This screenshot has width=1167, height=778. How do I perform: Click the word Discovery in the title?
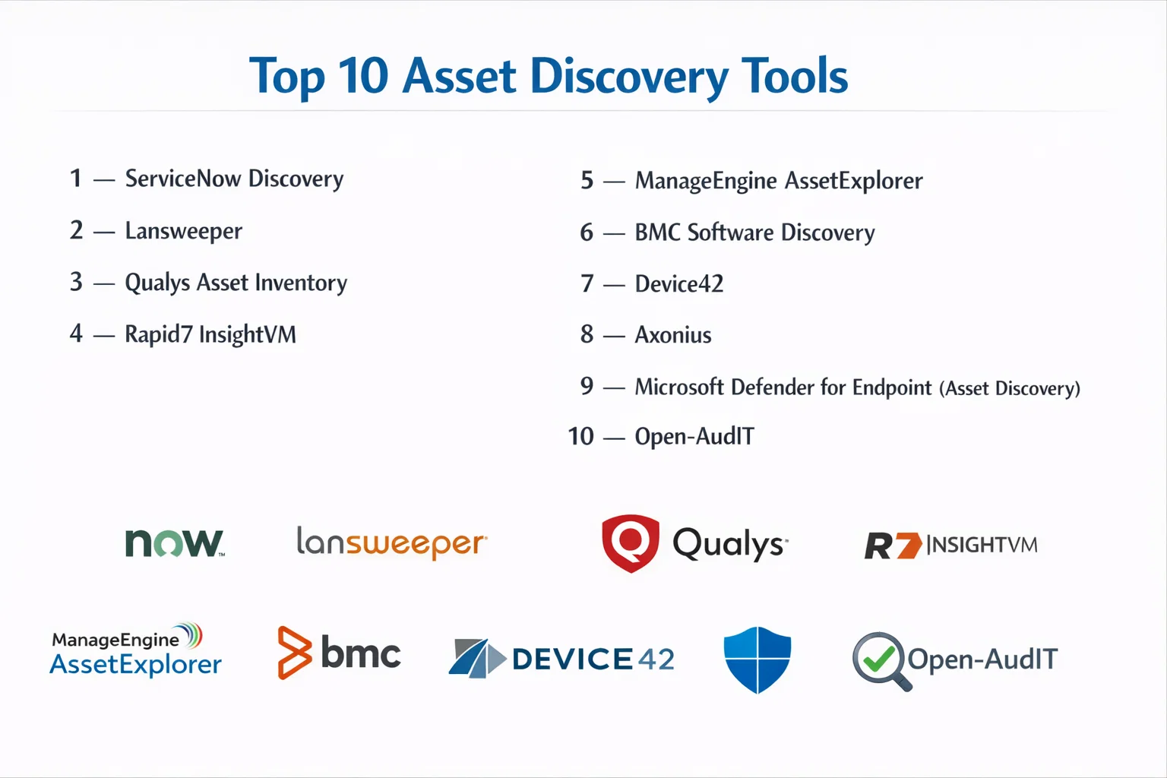(629, 77)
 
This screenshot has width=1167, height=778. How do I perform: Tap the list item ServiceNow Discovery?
(234, 179)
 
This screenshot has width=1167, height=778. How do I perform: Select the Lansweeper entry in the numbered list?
(183, 231)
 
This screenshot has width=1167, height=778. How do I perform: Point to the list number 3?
(76, 282)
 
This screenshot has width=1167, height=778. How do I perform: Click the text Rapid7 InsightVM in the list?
(210, 334)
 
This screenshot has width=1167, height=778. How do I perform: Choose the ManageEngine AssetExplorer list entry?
(778, 181)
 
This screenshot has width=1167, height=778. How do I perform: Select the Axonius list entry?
(672, 335)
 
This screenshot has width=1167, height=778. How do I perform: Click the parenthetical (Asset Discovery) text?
(1010, 388)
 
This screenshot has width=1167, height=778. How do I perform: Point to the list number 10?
(580, 436)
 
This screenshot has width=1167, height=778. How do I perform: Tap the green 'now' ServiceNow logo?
(175, 543)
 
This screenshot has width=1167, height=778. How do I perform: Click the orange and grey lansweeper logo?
(392, 543)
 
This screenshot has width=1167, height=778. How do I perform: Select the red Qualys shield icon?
(631, 543)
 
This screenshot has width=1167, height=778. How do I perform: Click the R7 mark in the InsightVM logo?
(893, 546)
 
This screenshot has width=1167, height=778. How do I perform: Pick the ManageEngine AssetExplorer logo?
(135, 650)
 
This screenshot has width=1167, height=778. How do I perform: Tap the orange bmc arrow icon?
(294, 653)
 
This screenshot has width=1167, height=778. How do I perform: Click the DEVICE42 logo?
(561, 658)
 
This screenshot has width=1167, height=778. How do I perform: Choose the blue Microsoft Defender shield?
(757, 659)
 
